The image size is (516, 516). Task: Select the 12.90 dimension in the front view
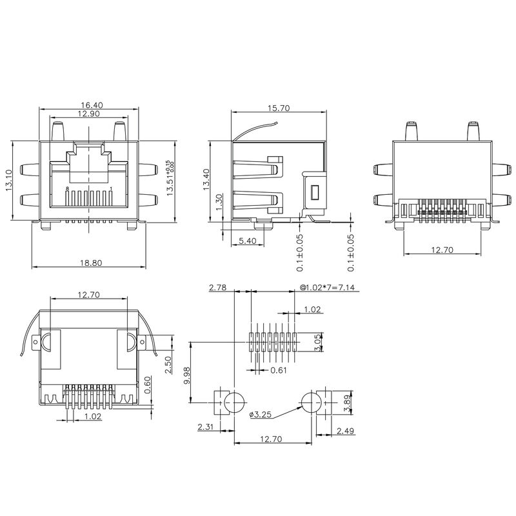(x=89, y=114)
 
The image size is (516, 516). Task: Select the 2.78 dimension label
(x=218, y=290)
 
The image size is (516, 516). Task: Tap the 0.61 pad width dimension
(x=278, y=370)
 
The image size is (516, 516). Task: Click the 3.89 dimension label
(x=348, y=403)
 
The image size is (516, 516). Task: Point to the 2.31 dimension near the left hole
(x=206, y=426)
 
